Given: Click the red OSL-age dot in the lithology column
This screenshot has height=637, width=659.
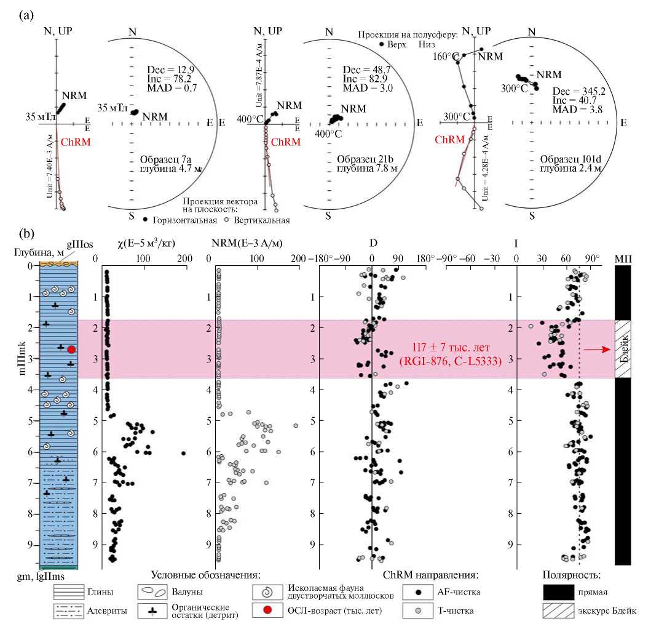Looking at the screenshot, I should [x=71, y=350].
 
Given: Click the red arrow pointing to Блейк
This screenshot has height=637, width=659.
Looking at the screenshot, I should [x=599, y=349].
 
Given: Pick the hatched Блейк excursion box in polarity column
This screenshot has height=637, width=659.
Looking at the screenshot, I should [x=623, y=349].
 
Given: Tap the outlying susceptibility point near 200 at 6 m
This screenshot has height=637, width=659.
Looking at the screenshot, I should [x=183, y=453].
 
